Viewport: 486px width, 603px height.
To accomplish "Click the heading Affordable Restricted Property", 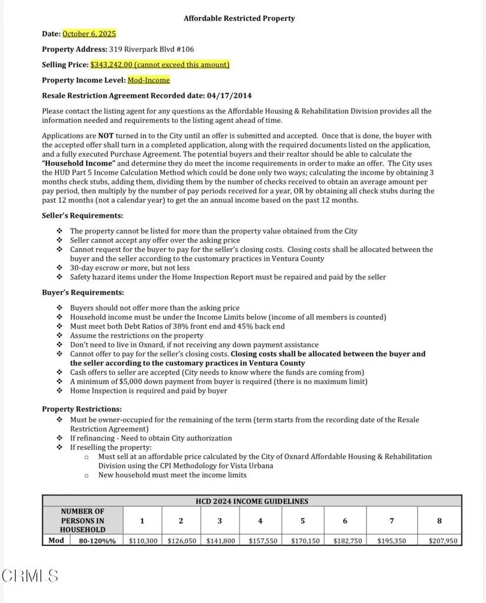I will click(239, 18).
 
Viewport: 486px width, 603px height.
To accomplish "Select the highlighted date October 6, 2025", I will click(89, 34).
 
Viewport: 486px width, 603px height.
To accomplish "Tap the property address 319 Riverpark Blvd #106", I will click(151, 49).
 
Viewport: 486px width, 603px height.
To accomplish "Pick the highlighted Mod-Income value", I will click(148, 80).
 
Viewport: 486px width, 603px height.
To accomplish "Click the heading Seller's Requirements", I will click(82, 216).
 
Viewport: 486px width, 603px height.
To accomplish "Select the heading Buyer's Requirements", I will click(82, 292).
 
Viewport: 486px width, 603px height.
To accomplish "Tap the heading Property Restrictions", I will click(82, 409).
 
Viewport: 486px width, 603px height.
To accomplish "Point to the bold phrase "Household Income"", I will click(79, 164).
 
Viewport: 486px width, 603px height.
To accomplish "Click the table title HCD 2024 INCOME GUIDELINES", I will click(252, 502).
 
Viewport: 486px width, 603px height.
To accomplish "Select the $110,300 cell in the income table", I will click(143, 541).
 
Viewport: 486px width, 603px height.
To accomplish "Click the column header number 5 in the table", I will click(303, 521).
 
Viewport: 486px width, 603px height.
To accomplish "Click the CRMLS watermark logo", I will click(30, 575).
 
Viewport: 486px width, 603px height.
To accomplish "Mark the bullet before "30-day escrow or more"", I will click(59, 268).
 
